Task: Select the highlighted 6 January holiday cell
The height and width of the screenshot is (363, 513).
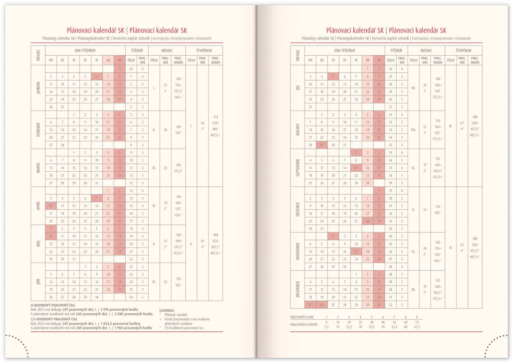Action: click(x=97, y=77)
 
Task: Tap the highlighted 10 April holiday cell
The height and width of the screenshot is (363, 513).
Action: click(x=51, y=205)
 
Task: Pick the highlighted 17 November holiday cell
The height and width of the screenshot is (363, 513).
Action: click(x=356, y=251)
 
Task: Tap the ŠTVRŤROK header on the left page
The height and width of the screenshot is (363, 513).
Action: click(x=204, y=50)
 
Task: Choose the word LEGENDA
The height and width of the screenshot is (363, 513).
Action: click(x=167, y=310)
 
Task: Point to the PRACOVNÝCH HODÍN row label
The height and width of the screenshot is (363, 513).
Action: click(x=304, y=324)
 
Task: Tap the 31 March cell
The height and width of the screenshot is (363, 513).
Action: click(x=97, y=183)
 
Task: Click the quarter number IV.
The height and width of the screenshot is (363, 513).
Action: click(x=450, y=248)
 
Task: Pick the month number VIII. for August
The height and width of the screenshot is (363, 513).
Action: click(x=413, y=129)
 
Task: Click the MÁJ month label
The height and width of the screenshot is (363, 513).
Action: click(x=38, y=244)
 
